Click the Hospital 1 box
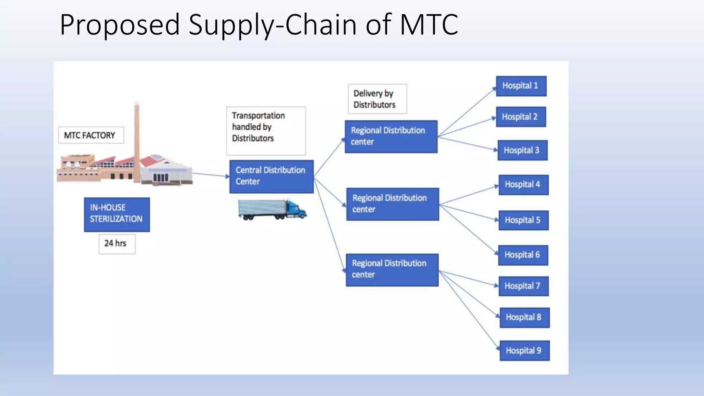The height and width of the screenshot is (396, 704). pos(521,86)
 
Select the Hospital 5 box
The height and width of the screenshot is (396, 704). pos(523,220)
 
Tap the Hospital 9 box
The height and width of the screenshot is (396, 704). pos(524,351)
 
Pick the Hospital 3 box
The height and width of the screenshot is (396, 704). pos(522,150)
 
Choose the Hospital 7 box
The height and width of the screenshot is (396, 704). pos(523,286)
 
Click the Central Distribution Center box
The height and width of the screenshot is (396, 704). pos(271,176)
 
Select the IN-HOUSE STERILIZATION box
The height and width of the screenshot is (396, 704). pos(117,214)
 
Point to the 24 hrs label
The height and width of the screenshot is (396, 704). pos(117,244)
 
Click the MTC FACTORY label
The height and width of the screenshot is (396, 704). pos(90,135)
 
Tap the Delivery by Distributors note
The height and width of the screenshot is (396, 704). pos(377,99)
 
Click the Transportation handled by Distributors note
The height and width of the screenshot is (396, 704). pos(265,130)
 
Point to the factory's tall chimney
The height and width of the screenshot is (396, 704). pos(137,141)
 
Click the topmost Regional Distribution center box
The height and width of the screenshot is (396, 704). pos(391,136)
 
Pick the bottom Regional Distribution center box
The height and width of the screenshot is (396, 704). pos(392,270)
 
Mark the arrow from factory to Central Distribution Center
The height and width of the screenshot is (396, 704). pos(210,175)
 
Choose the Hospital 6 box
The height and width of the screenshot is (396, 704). pos(523,255)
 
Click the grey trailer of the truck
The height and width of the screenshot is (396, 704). pos(262,209)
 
